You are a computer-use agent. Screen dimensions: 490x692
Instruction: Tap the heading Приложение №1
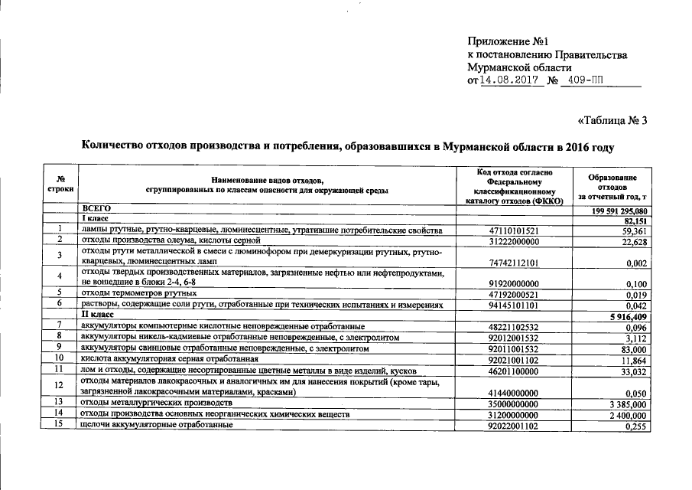point(508,41)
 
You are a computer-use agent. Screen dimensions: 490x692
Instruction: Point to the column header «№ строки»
point(60,184)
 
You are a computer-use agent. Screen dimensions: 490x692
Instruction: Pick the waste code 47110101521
point(513,230)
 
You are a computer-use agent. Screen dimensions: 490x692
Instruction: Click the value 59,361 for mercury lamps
point(635,230)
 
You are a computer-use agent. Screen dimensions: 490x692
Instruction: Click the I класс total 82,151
point(635,220)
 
